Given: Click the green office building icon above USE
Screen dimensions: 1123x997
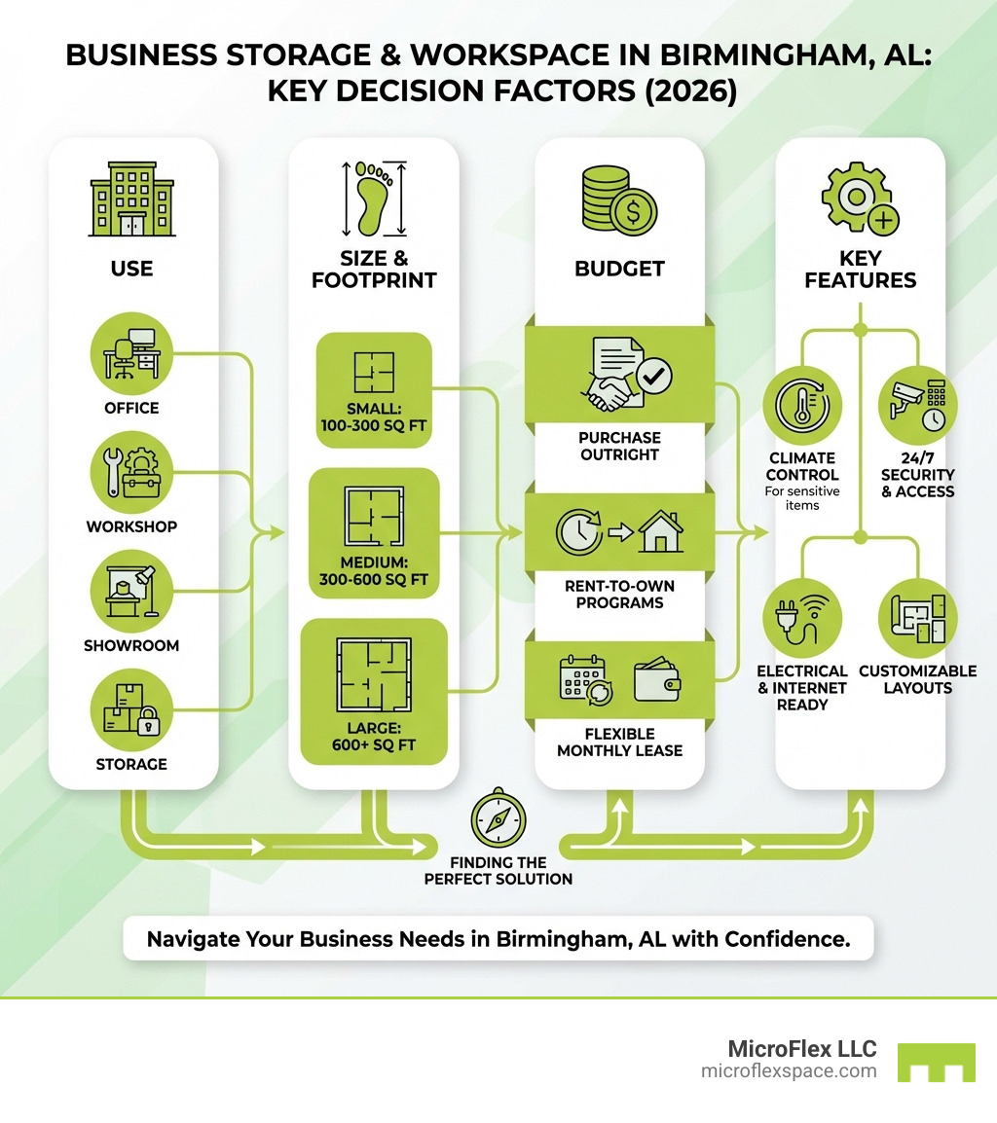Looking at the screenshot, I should [132, 199].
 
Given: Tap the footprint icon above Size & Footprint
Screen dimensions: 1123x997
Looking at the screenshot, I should [373, 198].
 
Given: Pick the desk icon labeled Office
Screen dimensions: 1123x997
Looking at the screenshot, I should [138, 352].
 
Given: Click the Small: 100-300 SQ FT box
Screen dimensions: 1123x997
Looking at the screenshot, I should [374, 390].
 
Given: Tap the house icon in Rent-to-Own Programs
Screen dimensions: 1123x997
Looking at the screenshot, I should [660, 532].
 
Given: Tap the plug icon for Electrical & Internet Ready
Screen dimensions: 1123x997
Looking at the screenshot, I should [802, 619].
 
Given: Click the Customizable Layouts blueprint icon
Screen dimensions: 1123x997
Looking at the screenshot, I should [917, 619].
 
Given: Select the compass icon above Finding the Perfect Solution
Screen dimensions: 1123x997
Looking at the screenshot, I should [498, 819].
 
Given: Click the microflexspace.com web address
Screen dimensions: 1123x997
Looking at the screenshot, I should [789, 1070].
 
